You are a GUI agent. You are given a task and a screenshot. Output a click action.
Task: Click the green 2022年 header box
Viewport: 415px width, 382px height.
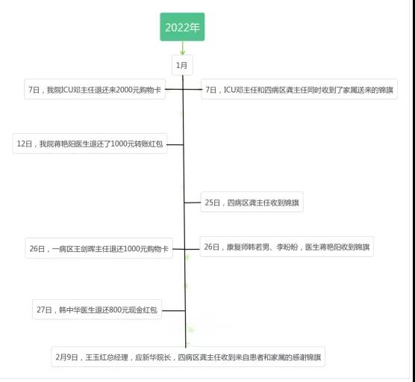click(x=182, y=27)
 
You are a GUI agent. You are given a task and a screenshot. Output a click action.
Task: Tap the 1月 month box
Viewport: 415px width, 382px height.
click(x=182, y=65)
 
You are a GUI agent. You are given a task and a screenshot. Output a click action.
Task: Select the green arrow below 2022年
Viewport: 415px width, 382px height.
click(x=182, y=49)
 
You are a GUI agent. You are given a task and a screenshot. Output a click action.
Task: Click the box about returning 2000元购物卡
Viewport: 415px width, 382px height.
click(x=95, y=90)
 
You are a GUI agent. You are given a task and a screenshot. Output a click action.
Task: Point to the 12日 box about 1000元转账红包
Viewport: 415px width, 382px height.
click(x=90, y=144)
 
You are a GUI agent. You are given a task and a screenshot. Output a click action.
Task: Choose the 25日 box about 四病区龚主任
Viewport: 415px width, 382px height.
click(x=252, y=203)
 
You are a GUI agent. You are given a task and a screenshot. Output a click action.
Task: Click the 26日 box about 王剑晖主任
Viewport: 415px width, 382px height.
click(x=99, y=248)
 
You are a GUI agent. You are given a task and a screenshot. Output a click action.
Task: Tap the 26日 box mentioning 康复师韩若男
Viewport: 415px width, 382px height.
click(x=287, y=247)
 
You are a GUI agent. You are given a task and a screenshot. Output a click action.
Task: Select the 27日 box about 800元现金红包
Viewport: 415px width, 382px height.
click(x=97, y=309)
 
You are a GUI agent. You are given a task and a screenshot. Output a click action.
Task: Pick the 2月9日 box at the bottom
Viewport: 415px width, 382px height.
click(x=188, y=357)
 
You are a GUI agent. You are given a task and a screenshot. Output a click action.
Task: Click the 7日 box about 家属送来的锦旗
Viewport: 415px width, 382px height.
click(x=299, y=90)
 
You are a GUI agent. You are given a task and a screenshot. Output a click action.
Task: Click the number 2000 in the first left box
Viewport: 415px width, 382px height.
click(x=124, y=90)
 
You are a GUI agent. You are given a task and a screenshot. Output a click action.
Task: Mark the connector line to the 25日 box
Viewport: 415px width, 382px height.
click(x=193, y=203)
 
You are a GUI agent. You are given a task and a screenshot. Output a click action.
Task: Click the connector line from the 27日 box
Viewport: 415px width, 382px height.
click(x=174, y=310)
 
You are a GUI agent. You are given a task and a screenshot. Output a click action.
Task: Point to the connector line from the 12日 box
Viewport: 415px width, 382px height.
click(x=175, y=144)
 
